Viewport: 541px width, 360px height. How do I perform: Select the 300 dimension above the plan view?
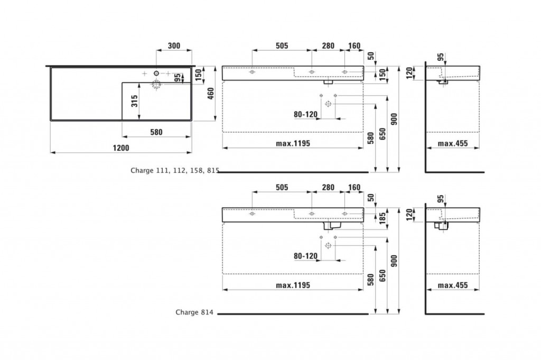pyautogui.click(x=174, y=46)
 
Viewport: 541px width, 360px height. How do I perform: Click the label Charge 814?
pyautogui.click(x=194, y=312)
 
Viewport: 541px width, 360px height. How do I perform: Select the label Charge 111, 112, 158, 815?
pyautogui.click(x=175, y=171)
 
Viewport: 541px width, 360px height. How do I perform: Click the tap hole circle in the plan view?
pyautogui.click(x=157, y=72)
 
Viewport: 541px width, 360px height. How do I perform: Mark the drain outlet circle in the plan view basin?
pyautogui.click(x=157, y=83)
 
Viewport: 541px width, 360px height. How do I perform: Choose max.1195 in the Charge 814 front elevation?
pyautogui.click(x=292, y=285)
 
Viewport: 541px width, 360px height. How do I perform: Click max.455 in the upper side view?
pyautogui.click(x=454, y=144)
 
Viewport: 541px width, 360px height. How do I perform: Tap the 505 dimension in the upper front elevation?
pyautogui.click(x=281, y=46)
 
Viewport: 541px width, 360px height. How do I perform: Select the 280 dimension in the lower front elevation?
pyautogui.click(x=328, y=188)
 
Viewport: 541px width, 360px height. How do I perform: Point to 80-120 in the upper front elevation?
pyautogui.click(x=305, y=114)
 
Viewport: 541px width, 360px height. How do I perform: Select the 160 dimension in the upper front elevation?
pyautogui.click(x=354, y=46)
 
